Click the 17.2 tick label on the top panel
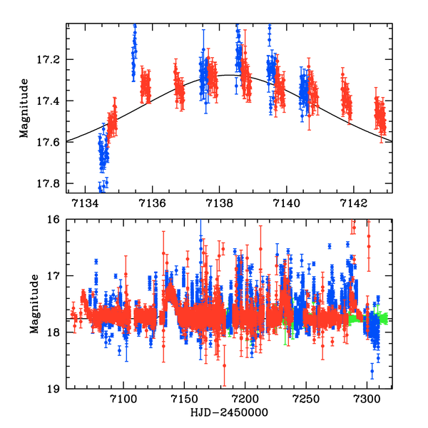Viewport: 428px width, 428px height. (x=51, y=59)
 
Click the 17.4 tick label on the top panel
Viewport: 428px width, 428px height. (x=51, y=101)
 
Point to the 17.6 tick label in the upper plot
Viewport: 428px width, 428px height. (x=51, y=142)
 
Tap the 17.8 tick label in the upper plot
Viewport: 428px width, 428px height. (x=51, y=183)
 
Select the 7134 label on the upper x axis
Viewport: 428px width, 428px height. (x=87, y=204)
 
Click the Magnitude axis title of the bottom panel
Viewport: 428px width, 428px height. (x=33, y=307)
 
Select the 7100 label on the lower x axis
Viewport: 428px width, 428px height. (x=123, y=399)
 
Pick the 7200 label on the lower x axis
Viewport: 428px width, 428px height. (x=245, y=399)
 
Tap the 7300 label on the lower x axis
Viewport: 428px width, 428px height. (x=367, y=399)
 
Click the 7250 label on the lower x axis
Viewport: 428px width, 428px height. (x=307, y=399)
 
